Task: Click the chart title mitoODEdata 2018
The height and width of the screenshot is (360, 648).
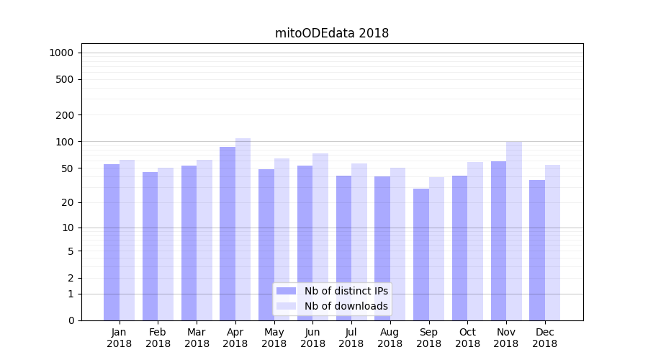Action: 332,33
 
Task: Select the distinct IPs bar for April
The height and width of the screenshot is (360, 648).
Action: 228,233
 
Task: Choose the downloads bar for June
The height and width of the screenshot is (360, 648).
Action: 320,237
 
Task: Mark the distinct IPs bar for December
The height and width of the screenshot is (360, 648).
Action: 537,250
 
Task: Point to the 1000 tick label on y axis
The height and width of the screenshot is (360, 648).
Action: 61,53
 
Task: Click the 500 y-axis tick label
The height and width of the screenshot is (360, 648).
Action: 65,79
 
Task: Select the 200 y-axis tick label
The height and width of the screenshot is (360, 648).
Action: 65,115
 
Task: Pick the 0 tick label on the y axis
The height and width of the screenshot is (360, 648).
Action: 71,320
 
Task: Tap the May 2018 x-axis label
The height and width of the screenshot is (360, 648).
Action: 274,338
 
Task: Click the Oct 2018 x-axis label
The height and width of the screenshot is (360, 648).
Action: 467,338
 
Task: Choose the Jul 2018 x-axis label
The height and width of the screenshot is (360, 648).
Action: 351,338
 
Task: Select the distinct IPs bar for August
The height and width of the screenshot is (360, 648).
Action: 382,248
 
